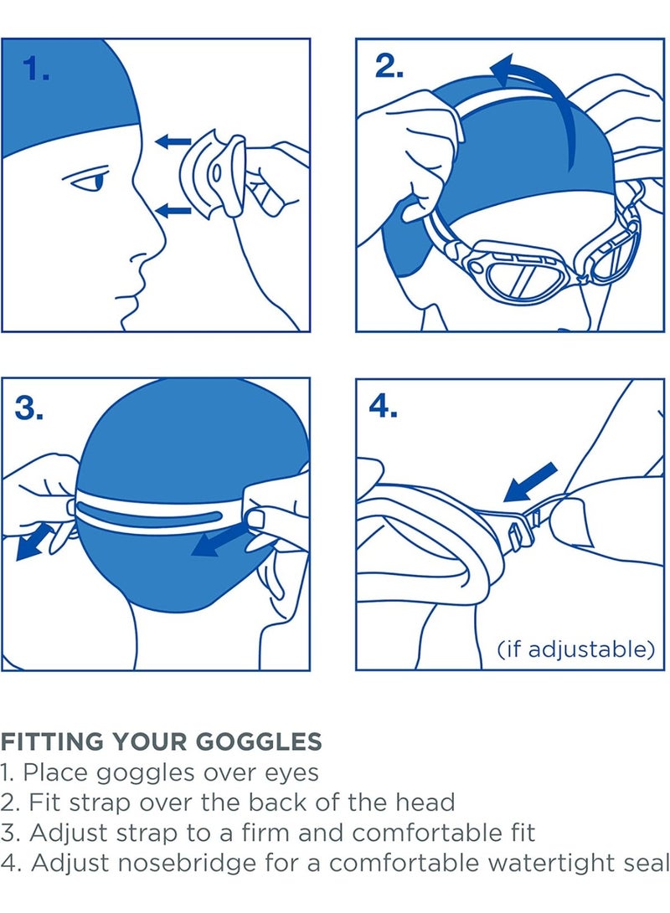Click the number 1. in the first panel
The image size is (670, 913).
coord(36,69)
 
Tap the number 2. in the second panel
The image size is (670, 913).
coord(389,67)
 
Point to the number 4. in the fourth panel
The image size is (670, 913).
coord(384,408)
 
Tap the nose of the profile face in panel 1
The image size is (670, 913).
coord(153,243)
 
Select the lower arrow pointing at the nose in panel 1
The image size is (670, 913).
coord(176,209)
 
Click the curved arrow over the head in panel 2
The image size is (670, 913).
coord(536,92)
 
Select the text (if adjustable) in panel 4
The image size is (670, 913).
coord(575,649)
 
